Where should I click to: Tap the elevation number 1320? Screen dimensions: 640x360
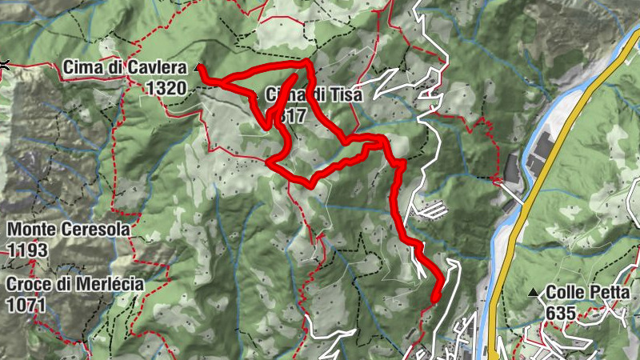coord(166,88)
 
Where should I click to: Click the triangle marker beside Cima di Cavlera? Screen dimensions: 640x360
coord(198,69)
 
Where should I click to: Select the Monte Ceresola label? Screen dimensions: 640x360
coord(68,230)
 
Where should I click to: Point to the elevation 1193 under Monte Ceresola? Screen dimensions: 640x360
coord(28,250)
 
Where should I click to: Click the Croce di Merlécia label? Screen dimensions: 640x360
coord(75,284)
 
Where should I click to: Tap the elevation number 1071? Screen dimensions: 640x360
coord(28,305)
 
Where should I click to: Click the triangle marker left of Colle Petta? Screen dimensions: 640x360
coord(534,293)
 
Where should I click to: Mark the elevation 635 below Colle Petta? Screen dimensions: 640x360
coord(560,313)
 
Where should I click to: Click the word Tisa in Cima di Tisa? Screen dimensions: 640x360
coord(346,94)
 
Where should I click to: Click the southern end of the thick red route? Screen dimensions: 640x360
coord(434,298)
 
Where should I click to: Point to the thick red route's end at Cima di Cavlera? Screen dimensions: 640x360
coord(202,74)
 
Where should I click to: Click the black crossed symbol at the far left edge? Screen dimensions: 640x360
coord(4,66)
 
